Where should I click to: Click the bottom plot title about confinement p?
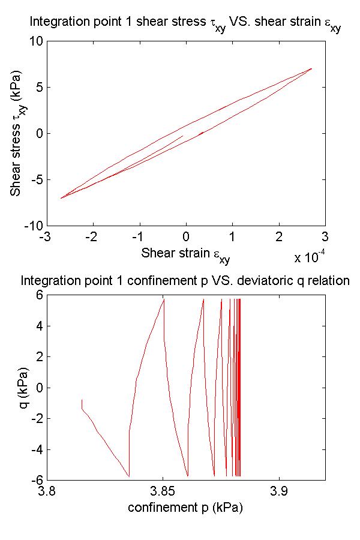[185, 281]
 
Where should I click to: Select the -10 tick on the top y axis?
[33, 226]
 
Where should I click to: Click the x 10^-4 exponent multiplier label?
[310, 258]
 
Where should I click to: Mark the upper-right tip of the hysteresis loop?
[312, 68]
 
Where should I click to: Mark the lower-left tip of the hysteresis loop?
[61, 198]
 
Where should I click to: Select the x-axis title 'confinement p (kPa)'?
[185, 508]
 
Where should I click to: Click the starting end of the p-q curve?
[82, 400]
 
